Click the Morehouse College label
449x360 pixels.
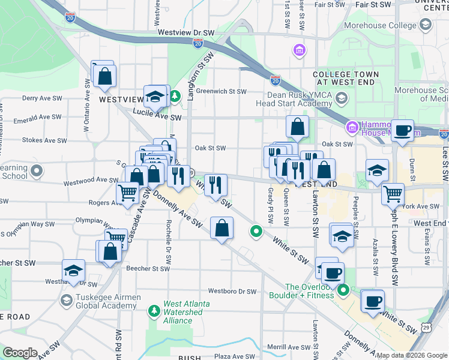381,26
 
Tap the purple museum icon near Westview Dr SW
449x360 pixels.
299,50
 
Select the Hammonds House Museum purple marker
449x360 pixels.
352,127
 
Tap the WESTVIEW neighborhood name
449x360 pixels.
121,99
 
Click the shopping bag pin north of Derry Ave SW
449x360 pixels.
104,76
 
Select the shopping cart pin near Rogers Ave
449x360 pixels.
128,193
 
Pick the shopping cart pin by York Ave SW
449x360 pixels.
393,194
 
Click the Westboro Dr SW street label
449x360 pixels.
232,292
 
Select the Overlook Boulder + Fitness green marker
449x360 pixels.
343,291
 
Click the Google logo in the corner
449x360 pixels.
20,353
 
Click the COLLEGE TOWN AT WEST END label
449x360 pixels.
346,78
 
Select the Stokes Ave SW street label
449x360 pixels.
44,140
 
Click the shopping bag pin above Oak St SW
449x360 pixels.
297,127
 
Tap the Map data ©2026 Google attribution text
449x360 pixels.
412,355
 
